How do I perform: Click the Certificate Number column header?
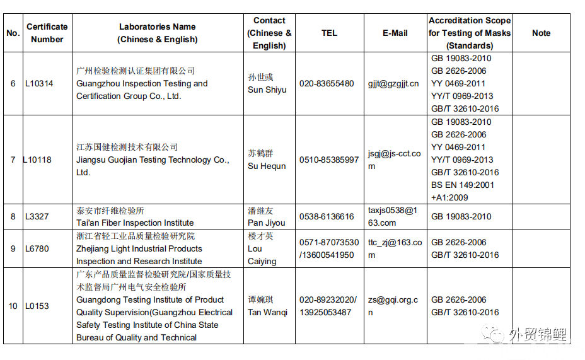tap(47, 33)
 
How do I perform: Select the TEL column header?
tap(329, 33)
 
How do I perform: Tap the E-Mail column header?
tap(395, 33)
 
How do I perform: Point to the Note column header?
tap(541, 33)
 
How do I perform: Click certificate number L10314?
tap(39, 83)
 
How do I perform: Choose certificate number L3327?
tap(37, 216)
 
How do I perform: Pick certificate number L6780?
tap(37, 248)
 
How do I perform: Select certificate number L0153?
tap(37, 306)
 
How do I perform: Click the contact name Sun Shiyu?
tap(267, 90)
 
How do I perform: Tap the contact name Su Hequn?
tap(266, 166)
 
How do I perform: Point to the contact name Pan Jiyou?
tap(266, 223)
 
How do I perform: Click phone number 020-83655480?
tap(327, 83)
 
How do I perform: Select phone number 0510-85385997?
tap(329, 160)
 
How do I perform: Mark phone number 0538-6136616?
tap(327, 216)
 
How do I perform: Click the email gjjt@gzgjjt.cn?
tap(393, 83)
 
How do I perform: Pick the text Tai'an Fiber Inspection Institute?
tap(135, 223)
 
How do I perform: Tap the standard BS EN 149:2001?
tap(463, 185)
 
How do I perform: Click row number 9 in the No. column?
tap(13, 248)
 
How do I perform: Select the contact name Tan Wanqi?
tap(267, 312)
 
